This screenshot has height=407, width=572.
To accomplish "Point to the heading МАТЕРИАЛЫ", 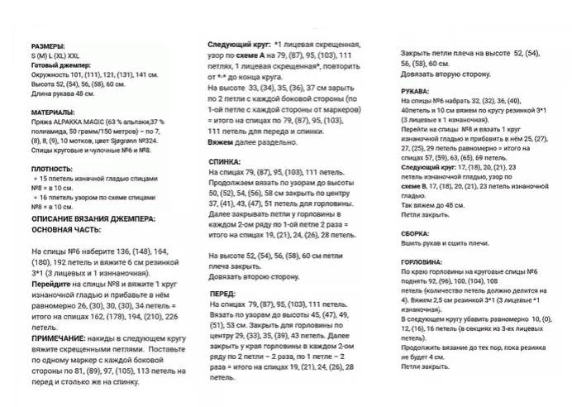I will (x=53, y=112).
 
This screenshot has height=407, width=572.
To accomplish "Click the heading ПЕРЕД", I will (x=222, y=294).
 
